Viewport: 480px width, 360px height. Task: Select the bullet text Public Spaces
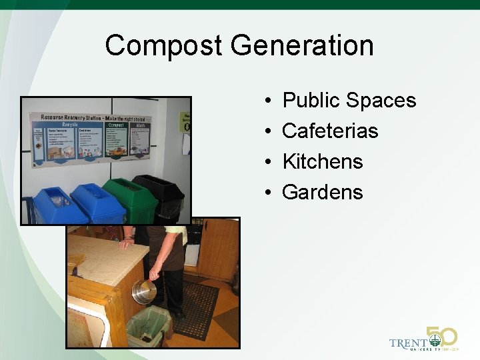pyautogui.click(x=349, y=101)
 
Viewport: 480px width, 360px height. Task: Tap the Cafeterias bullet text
pyautogui.click(x=330, y=131)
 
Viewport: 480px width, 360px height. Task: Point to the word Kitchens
pyautogui.click(x=323, y=161)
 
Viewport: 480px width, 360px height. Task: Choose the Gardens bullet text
pyautogui.click(x=323, y=192)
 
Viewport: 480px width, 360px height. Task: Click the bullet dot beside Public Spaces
pyautogui.click(x=266, y=101)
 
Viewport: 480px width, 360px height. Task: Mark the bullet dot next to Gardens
pyautogui.click(x=266, y=193)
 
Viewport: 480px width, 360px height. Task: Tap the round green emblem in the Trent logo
pyautogui.click(x=435, y=341)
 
